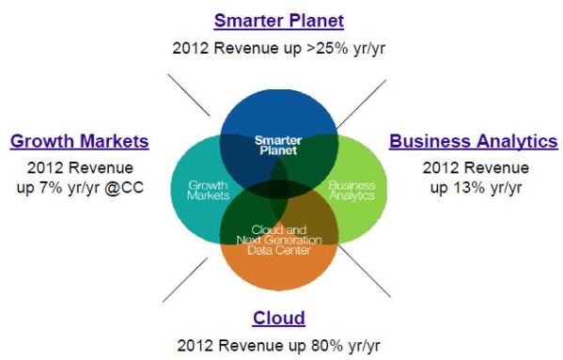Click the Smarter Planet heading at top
click(278, 20)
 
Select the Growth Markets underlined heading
click(80, 142)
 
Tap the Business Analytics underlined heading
click(473, 142)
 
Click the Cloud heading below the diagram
click(278, 318)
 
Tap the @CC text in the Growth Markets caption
click(130, 187)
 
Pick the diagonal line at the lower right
click(364, 273)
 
